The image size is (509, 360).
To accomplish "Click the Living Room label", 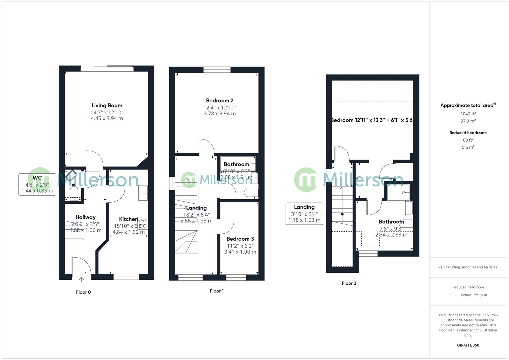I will click(x=107, y=106).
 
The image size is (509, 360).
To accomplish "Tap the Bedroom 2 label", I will click(x=220, y=101).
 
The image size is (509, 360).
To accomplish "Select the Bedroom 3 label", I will click(x=240, y=239).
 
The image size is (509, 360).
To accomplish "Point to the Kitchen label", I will click(x=128, y=219).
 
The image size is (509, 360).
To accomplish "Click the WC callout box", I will click(x=37, y=184).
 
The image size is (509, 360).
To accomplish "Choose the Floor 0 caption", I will click(x=83, y=292).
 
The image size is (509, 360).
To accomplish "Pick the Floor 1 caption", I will click(x=217, y=291).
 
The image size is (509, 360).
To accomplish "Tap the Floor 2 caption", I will click(x=349, y=283).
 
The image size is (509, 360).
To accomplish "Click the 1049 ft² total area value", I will click(x=468, y=114).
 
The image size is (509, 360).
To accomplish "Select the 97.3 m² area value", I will click(x=468, y=121).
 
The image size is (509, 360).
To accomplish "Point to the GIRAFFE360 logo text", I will click(x=468, y=345).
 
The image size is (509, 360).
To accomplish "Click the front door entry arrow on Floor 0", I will click(x=81, y=279).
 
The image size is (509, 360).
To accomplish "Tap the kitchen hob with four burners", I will click(x=143, y=223).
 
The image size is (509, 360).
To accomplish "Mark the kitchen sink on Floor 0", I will click(x=143, y=193).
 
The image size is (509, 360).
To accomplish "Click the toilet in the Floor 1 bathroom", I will click(x=251, y=193).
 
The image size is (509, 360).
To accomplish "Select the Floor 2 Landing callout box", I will click(x=304, y=214).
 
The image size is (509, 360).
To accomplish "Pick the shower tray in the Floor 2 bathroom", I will click(x=398, y=193).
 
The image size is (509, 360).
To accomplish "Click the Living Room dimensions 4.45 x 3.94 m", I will click(x=107, y=118).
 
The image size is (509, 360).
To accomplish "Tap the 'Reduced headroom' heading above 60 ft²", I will click(x=468, y=133).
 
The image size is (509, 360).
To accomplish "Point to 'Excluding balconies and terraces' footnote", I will click(x=468, y=267).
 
